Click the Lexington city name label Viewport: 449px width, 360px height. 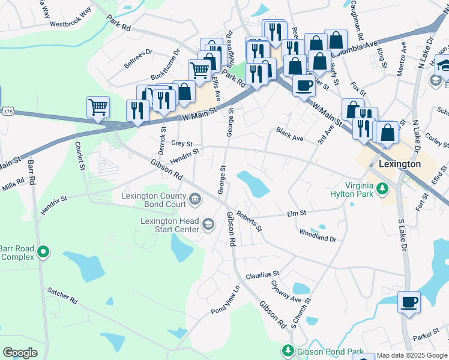click(x=399, y=164)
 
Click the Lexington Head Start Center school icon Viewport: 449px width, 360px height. click(x=208, y=225)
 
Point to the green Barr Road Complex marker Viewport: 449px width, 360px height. click(x=43, y=253)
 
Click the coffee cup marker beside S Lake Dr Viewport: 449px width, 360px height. click(x=409, y=302)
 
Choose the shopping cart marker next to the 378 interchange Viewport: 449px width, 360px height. click(x=98, y=107)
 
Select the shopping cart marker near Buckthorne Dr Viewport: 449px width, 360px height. click(x=199, y=70)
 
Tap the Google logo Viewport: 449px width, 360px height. click(x=20, y=353)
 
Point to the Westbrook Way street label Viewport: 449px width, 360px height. click(x=71, y=18)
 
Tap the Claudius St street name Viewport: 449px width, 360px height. click(x=262, y=276)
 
